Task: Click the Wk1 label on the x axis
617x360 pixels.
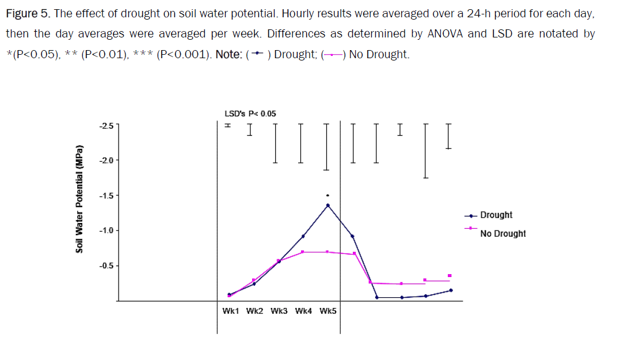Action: (x=230, y=311)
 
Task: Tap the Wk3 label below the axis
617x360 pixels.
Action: (x=279, y=311)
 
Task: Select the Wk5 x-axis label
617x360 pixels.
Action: (x=328, y=311)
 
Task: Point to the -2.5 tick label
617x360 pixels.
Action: (x=106, y=125)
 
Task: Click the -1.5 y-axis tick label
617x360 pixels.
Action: (x=106, y=195)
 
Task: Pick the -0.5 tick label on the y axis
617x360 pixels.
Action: (x=106, y=266)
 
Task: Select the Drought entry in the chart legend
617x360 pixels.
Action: (x=496, y=215)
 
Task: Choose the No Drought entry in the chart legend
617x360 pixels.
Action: (x=502, y=233)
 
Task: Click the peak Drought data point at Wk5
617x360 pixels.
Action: (x=328, y=205)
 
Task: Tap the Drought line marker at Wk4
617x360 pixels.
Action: (x=303, y=236)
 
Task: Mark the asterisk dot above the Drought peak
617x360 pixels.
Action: (x=328, y=195)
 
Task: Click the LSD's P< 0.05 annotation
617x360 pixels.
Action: (x=250, y=113)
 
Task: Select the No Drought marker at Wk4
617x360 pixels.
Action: (x=303, y=252)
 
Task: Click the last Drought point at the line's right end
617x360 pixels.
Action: (x=451, y=290)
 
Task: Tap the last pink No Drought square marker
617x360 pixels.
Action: (x=450, y=275)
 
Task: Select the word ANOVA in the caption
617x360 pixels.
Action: (x=444, y=33)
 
